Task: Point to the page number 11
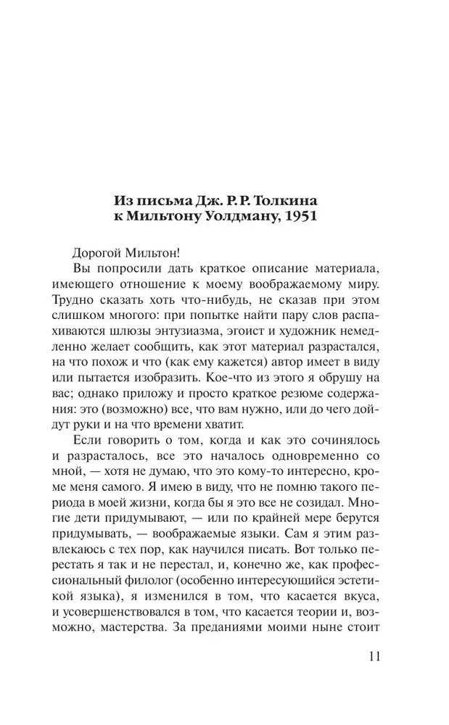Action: coord(370,658)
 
